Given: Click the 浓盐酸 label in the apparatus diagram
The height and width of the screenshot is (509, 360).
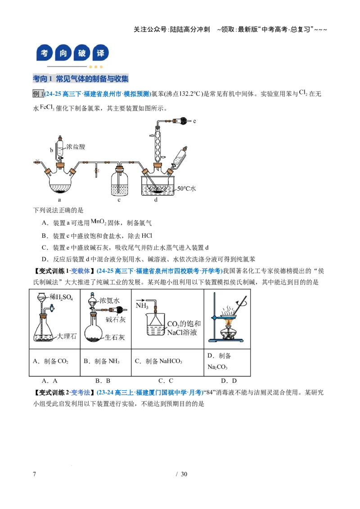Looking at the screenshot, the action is [76, 147].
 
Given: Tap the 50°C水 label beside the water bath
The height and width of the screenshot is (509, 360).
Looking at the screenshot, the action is [186, 188].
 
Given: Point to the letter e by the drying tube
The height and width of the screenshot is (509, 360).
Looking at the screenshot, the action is [194, 121].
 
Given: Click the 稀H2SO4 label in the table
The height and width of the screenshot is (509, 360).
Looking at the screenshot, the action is [61, 297].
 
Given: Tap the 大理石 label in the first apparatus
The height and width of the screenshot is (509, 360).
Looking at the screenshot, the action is [67, 336].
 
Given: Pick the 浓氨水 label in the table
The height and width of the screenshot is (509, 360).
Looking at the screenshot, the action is [109, 301].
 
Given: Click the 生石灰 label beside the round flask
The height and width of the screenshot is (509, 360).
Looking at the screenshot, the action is [115, 337].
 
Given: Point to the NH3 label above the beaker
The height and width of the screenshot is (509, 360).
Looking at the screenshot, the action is [142, 305].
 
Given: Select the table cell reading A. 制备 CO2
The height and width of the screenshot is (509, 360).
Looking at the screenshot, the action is [54, 362].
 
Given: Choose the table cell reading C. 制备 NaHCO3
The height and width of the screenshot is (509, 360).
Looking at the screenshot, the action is [168, 362].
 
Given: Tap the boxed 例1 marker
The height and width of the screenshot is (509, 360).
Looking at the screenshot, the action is [38, 94].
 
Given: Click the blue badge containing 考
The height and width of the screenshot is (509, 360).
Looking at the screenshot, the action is [45, 53].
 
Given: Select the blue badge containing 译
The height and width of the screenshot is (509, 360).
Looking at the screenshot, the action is [101, 53].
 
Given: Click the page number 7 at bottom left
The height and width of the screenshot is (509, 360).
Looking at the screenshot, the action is [35, 474].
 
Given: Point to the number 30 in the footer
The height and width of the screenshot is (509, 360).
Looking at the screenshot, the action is [184, 474].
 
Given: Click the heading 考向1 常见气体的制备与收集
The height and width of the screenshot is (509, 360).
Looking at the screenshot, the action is [81, 79].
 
